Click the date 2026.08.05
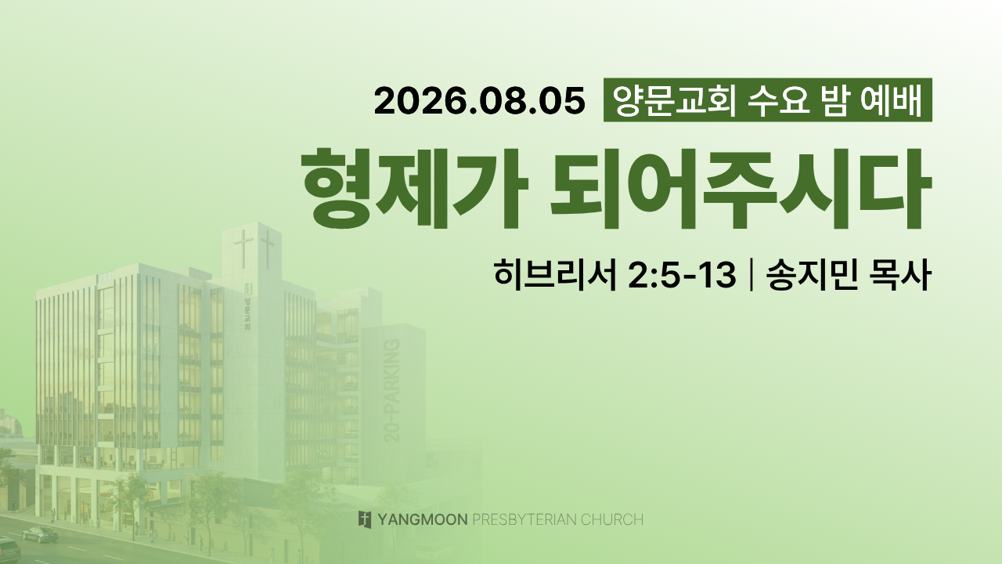point(480,101)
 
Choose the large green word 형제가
point(415,188)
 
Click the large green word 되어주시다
point(741,188)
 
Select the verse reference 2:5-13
point(682,275)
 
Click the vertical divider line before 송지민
point(750,275)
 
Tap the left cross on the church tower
point(243,249)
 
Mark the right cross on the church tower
point(268,250)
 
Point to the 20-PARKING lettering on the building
point(392,391)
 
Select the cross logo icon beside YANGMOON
point(365,519)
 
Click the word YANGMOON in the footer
point(423,519)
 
